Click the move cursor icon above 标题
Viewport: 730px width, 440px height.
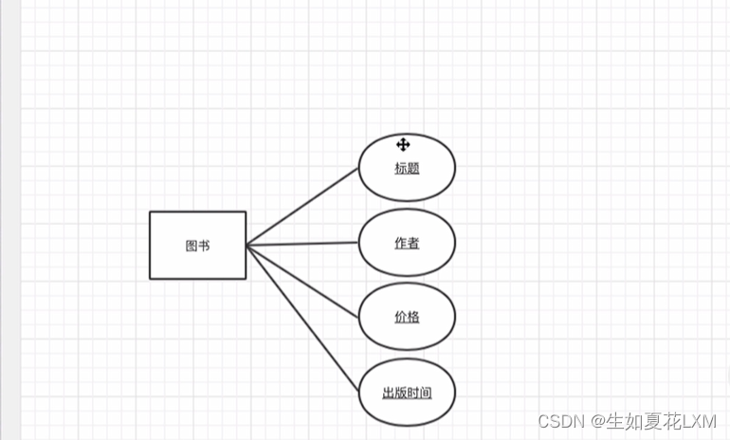[x=403, y=144]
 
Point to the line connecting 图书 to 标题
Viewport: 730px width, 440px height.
[x=301, y=207]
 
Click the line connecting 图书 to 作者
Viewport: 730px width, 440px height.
[x=301, y=244]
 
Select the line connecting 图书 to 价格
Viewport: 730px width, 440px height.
[x=301, y=280]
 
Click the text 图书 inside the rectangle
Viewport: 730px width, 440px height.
[x=197, y=246]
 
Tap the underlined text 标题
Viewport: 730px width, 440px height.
[x=407, y=169]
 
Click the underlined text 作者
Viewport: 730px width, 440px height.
[x=407, y=243]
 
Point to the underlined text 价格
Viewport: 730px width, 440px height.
[x=407, y=317]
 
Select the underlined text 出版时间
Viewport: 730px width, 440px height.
[x=407, y=393]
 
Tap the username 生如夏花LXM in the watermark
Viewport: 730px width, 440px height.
[x=661, y=420]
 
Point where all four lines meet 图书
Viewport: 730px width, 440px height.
[x=246, y=246]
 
